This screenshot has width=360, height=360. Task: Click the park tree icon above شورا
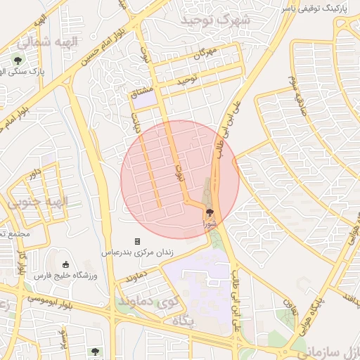click(x=209, y=212)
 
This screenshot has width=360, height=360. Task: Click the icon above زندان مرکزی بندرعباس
click(x=138, y=241)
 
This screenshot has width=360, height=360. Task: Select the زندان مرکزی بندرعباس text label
click(x=139, y=252)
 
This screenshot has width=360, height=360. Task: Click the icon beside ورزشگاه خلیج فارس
click(x=66, y=265)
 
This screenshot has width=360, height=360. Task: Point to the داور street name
click(x=35, y=172)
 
